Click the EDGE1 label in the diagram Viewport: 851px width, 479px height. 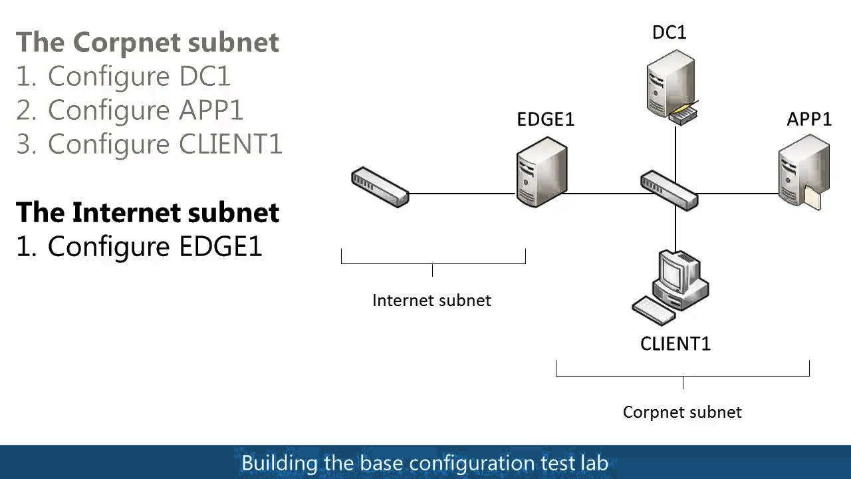click(545, 119)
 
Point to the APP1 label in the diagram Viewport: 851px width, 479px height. click(809, 119)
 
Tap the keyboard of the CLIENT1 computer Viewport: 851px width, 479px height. click(654, 311)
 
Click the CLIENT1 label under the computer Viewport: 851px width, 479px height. click(675, 344)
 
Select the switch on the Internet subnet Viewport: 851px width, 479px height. click(379, 187)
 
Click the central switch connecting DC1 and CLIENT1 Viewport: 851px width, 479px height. click(669, 191)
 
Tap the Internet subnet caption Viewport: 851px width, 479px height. click(431, 300)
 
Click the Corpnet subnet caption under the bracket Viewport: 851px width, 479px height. click(682, 412)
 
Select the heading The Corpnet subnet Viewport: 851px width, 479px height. click(148, 42)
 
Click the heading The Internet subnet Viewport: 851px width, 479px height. click(148, 212)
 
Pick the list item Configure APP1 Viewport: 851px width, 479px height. click(130, 110)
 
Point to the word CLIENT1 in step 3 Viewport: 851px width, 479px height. click(231, 144)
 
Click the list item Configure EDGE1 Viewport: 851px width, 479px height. click(139, 246)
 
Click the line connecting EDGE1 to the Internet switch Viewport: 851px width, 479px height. click(462, 194)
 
